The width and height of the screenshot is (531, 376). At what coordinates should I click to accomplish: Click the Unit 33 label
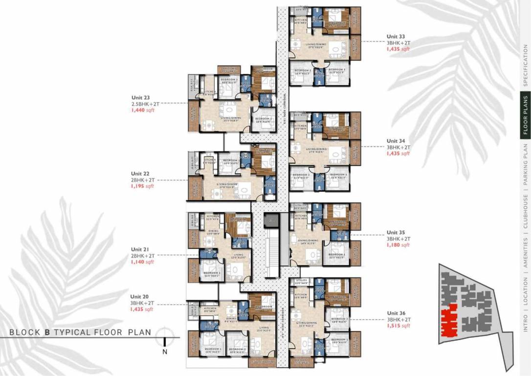(x=396, y=36)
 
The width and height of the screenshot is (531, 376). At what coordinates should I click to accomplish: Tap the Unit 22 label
(x=139, y=173)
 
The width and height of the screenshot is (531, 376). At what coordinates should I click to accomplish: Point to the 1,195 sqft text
(x=142, y=186)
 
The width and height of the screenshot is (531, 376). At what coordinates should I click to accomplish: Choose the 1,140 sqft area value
(x=142, y=262)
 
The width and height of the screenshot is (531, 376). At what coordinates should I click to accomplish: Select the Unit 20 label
(x=139, y=296)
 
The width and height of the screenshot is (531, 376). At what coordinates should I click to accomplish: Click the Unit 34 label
(x=396, y=141)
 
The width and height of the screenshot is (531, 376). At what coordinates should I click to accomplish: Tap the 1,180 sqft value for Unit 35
(x=398, y=245)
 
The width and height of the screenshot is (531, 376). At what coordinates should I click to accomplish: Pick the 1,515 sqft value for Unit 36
(x=398, y=326)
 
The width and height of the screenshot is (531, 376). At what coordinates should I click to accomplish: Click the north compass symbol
(x=165, y=335)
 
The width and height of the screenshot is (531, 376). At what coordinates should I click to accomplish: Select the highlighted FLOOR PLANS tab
(x=526, y=115)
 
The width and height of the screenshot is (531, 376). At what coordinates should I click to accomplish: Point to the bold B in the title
(x=47, y=332)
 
